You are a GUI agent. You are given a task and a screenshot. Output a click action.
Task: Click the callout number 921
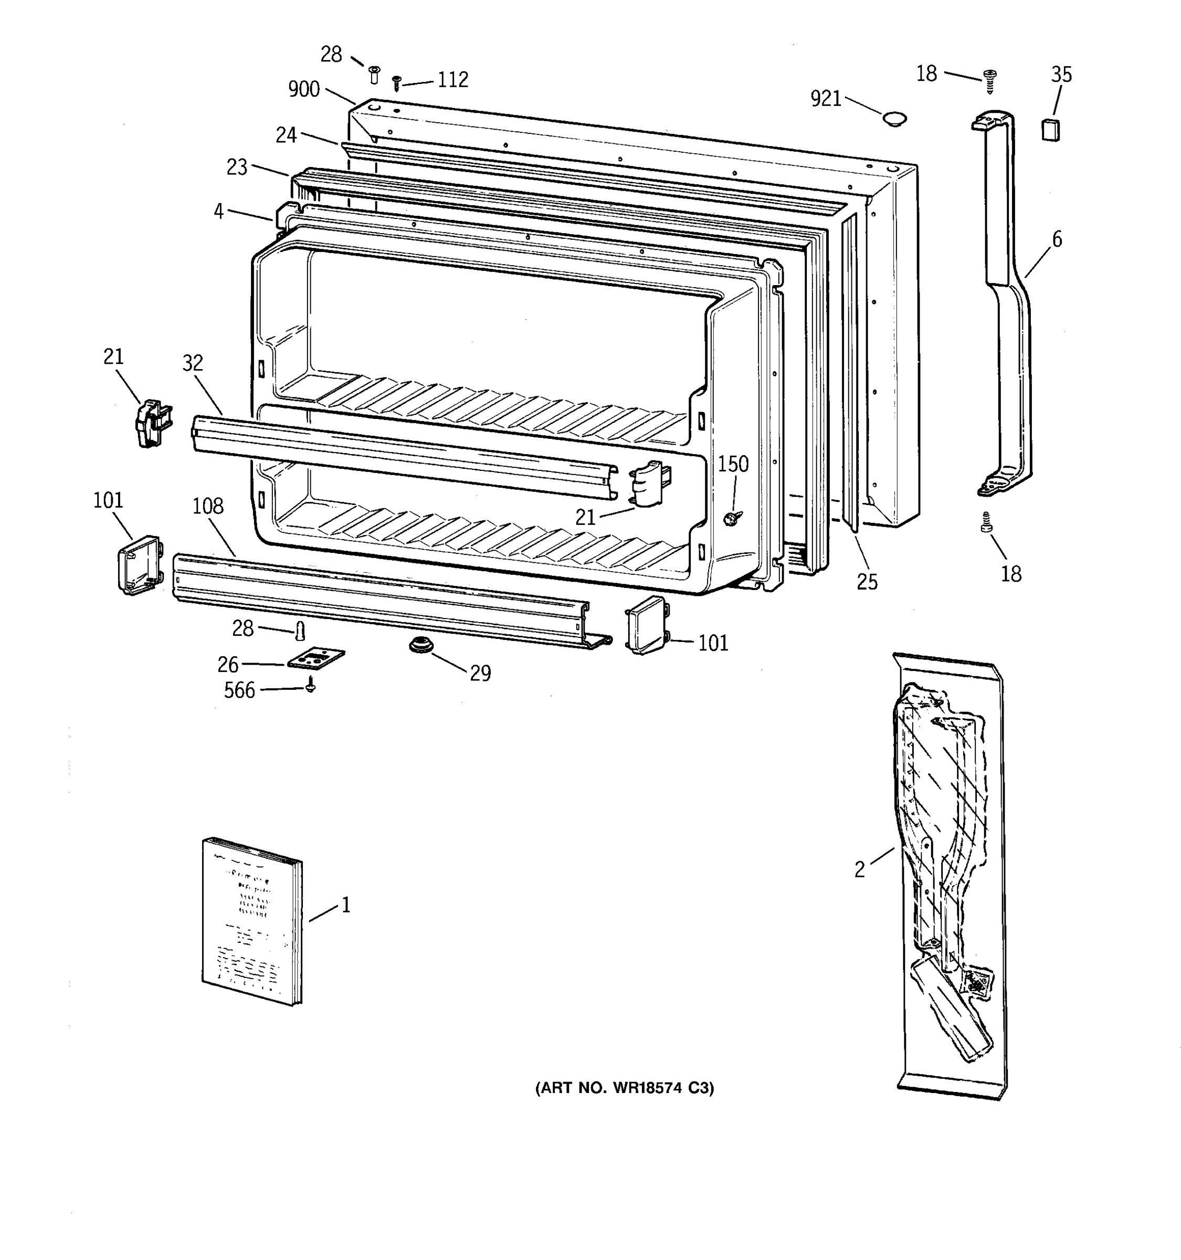click(x=826, y=99)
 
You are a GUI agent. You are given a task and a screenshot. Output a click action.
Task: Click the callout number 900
click(x=303, y=89)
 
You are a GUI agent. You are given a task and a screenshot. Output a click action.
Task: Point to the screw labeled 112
click(x=397, y=82)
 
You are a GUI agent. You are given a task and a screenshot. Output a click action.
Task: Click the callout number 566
click(x=239, y=690)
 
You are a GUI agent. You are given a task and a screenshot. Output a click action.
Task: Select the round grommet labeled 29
click(x=417, y=645)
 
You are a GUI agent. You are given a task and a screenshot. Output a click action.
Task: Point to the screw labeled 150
click(x=732, y=519)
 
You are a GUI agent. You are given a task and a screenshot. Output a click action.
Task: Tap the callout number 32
click(x=193, y=363)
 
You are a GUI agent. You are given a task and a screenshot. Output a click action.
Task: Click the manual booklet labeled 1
click(x=252, y=921)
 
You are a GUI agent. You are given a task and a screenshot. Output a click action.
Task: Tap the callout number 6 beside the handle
click(x=1057, y=239)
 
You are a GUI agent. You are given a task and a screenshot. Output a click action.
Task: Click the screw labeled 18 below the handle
click(x=986, y=523)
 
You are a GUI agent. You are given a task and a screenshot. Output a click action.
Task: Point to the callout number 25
click(x=867, y=582)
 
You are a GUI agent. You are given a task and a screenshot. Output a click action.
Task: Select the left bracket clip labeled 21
click(x=152, y=423)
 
